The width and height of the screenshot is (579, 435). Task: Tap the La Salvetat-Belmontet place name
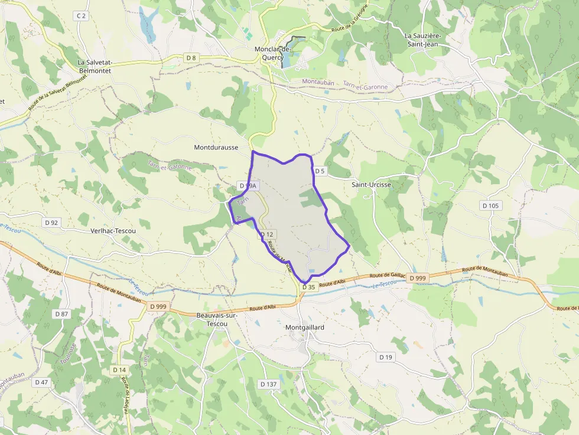[x=95, y=66]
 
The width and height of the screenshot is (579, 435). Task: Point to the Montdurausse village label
[x=216, y=147]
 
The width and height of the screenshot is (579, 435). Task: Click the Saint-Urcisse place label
[x=372, y=185]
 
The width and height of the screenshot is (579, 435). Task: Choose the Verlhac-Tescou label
[x=113, y=231]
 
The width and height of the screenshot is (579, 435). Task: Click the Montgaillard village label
[x=305, y=327]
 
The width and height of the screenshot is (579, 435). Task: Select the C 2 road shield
[x=81, y=16]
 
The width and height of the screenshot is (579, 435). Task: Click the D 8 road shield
[x=190, y=58]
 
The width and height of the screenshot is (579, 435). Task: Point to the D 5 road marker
[x=320, y=171]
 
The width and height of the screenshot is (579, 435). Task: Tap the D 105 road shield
[x=490, y=205]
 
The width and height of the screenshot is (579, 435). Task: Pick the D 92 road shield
[x=51, y=223]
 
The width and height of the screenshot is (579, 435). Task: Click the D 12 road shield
[x=268, y=234]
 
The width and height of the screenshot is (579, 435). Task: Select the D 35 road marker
[x=308, y=287]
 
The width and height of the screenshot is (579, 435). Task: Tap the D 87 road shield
[x=61, y=313]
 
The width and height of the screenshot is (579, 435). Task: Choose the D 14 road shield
[x=119, y=369]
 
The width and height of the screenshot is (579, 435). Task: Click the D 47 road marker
[x=41, y=382]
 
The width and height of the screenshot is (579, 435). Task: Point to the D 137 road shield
[x=268, y=384]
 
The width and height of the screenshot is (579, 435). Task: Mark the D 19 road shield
[x=386, y=357]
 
